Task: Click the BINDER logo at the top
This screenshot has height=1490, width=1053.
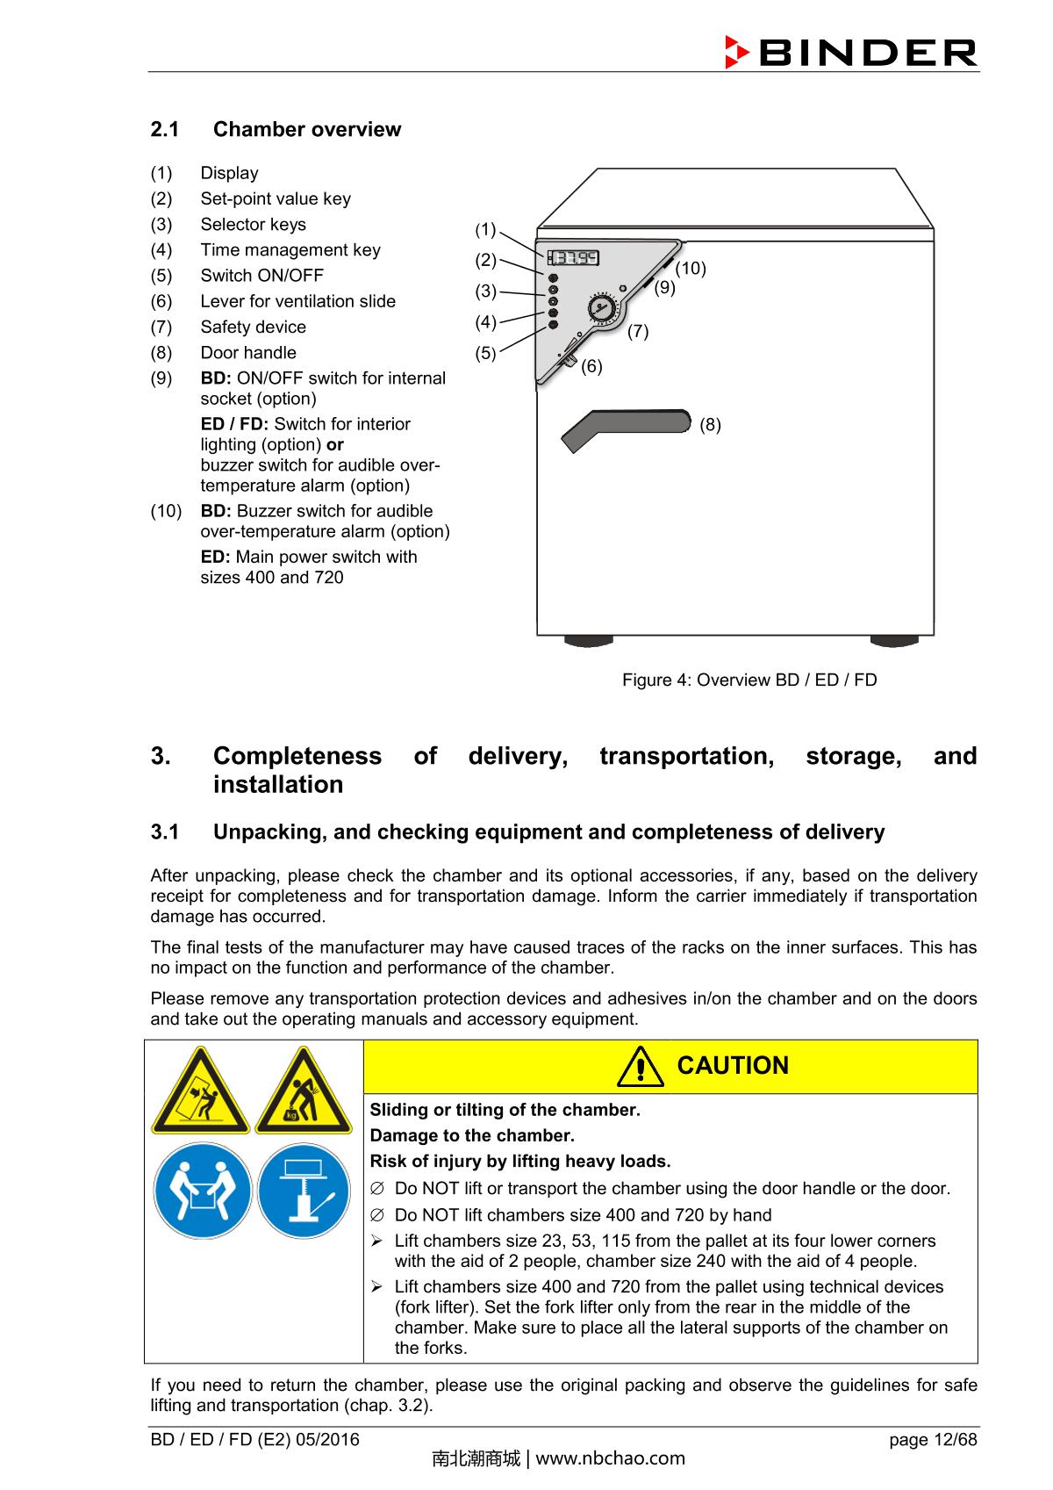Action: point(849,53)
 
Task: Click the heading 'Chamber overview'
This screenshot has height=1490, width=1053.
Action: point(306,129)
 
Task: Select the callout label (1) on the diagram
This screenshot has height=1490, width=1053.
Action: point(486,230)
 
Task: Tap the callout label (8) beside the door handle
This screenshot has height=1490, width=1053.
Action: point(710,425)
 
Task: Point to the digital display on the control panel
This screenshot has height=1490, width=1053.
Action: point(574,258)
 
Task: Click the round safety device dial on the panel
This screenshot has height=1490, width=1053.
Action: point(602,308)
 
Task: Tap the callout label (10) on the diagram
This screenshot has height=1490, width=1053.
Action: point(691,269)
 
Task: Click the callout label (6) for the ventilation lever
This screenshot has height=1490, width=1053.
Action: point(592,366)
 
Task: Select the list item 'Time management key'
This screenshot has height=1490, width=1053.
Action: point(290,250)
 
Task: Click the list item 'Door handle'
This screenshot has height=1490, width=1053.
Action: point(248,353)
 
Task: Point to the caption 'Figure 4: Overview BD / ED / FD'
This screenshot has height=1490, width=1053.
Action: point(749,680)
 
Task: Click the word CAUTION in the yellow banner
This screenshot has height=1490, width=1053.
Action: point(733,1066)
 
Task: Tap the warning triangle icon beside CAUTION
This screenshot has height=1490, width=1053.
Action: point(641,1066)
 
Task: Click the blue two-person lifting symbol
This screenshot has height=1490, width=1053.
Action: point(201,1191)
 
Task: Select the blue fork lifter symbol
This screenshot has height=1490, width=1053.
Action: point(304,1191)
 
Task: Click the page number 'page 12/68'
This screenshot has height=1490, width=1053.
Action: point(933,1439)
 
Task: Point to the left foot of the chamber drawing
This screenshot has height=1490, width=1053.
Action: point(588,640)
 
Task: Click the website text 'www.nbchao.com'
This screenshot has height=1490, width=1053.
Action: point(610,1458)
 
